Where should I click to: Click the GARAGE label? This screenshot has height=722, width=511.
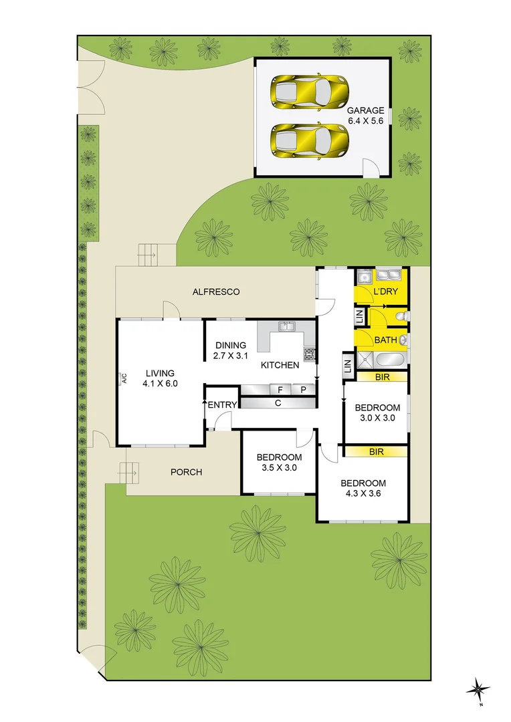coord(365,110)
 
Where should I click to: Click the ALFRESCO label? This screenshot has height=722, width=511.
coord(215,292)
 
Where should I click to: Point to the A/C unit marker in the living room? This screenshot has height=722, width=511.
coord(124,379)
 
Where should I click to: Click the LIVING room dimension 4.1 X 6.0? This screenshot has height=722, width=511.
coord(160,384)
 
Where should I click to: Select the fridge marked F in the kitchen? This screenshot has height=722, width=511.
coord(279,390)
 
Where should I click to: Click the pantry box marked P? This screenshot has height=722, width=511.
coord(302,390)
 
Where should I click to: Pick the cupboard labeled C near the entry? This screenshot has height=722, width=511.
coord(277,403)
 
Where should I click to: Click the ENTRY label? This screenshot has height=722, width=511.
coord(222,405)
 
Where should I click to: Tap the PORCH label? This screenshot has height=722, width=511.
coord(186,472)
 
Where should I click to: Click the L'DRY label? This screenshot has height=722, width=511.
coord(385,292)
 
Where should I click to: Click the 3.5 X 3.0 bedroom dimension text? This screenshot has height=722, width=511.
coord(279,468)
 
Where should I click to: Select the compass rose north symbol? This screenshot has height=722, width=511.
coord(480,689)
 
